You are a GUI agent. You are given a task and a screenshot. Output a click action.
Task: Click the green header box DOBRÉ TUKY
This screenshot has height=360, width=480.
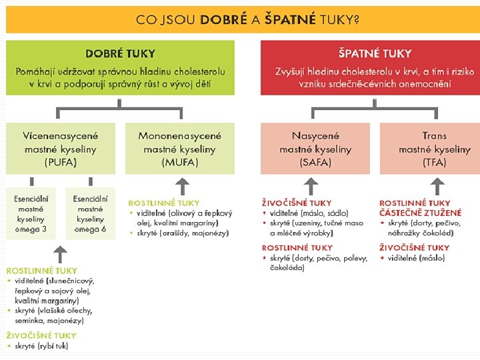coord(121,68)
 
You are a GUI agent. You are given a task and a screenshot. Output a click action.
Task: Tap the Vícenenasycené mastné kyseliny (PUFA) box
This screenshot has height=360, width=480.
coord(60,148)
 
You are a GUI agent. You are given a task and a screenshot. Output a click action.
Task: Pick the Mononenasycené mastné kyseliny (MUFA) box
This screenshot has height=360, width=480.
coord(179,148)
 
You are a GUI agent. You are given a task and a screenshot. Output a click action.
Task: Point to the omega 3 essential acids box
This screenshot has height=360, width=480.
coord(31,213)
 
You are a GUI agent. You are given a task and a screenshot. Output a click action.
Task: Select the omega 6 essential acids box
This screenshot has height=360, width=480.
coord(90,213)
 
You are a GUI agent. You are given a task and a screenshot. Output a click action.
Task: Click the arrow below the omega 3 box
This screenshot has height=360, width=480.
coord(60,253)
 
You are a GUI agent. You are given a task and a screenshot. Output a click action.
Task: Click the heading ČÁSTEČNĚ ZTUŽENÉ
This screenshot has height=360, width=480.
coord(420,213)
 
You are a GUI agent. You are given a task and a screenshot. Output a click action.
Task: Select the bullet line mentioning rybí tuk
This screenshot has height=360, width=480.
coord(40,346)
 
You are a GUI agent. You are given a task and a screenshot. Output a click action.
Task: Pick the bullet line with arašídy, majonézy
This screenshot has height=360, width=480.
coord(183,233)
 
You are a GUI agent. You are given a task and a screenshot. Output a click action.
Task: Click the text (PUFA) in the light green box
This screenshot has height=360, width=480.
coord(60,162)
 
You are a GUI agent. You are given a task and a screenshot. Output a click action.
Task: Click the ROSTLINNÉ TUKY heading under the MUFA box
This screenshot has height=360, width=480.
coord(163,203)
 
